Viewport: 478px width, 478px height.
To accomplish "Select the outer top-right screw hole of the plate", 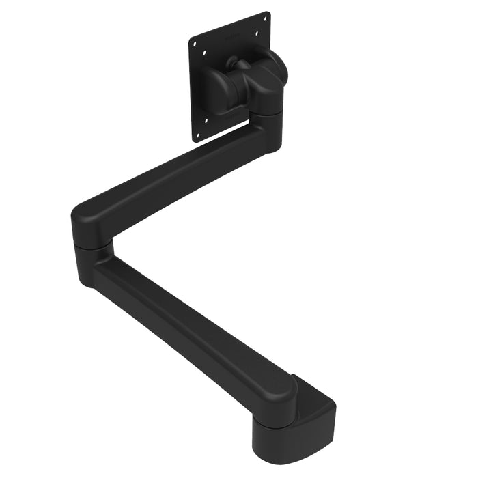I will [x=265, y=18].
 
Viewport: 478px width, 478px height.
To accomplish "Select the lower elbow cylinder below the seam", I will [x=92, y=263].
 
